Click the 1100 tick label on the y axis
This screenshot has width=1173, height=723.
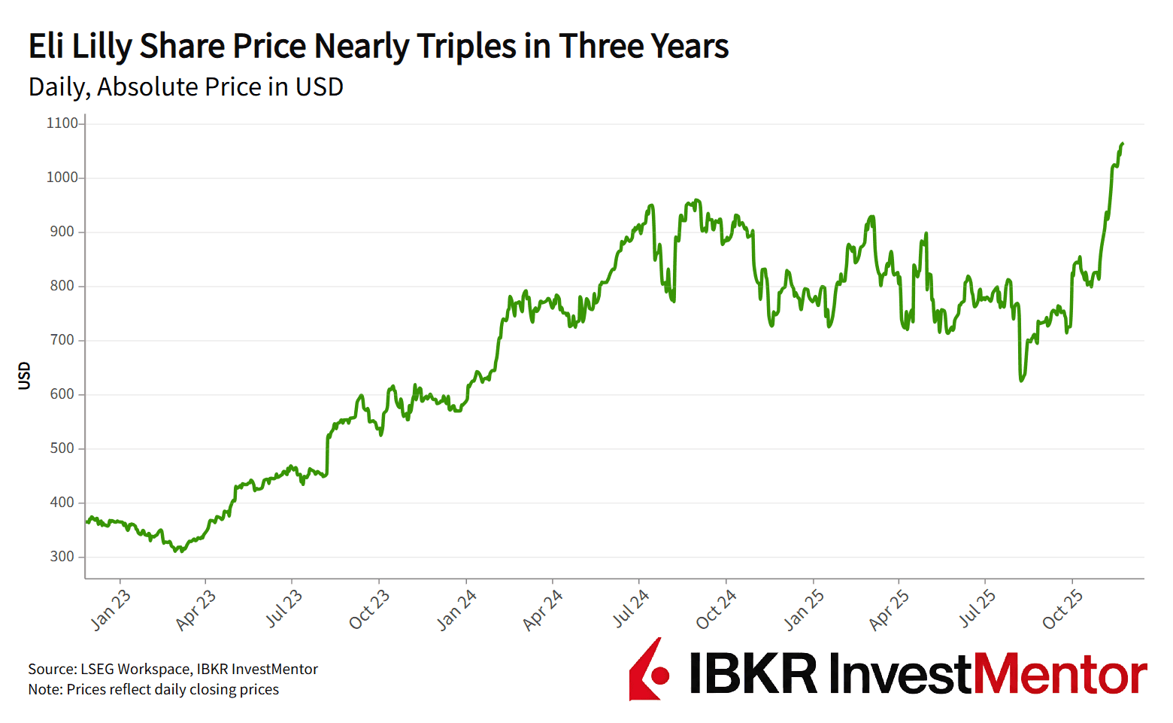(x=62, y=123)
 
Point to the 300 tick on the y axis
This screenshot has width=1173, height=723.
(x=62, y=557)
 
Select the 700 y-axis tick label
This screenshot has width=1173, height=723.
(x=62, y=340)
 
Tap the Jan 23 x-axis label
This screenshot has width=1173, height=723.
(x=111, y=609)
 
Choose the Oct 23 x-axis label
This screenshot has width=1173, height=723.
(x=369, y=609)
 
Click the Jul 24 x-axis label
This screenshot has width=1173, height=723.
(x=630, y=609)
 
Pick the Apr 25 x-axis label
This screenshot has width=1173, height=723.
(x=889, y=609)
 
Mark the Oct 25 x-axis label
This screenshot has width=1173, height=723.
(x=1062, y=609)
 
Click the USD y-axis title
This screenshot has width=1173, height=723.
(x=25, y=375)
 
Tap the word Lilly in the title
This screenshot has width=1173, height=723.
(x=102, y=47)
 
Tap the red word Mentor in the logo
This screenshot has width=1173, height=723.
(x=1060, y=673)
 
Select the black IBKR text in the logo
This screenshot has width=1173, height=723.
(x=753, y=673)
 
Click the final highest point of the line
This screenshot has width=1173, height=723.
(x=1122, y=143)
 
